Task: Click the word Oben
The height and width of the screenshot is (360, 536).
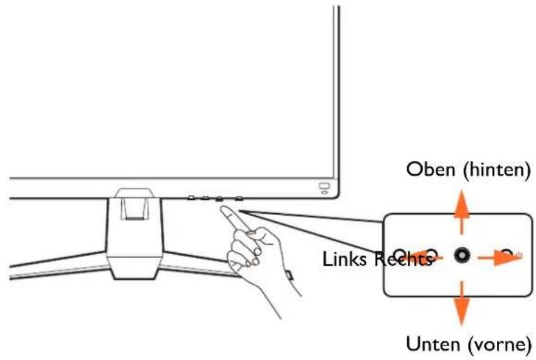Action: [431, 169]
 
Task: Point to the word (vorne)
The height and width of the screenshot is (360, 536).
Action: [499, 344]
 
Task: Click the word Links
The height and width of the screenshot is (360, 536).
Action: [344, 259]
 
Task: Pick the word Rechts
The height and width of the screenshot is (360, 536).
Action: [403, 259]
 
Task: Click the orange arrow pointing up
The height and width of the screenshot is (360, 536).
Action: [462, 212]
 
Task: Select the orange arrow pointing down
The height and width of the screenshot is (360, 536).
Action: [462, 303]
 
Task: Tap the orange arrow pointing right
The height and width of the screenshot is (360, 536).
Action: [500, 257]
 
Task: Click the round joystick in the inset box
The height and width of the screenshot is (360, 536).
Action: [462, 256]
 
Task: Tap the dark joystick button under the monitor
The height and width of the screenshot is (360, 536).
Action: [219, 199]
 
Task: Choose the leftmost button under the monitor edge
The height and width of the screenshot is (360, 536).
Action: [191, 198]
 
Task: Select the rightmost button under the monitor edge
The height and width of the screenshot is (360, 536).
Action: [239, 198]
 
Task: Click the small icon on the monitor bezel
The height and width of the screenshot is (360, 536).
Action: [324, 188]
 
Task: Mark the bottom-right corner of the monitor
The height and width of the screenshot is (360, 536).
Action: [338, 197]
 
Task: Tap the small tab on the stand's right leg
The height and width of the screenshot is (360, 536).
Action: [289, 274]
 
